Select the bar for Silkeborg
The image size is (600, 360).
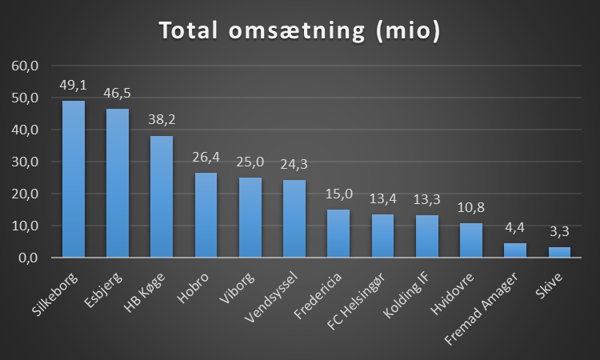[74, 179]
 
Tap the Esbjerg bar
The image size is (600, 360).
[118, 183]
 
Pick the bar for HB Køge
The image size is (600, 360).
[162, 197]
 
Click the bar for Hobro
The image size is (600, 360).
[206, 215]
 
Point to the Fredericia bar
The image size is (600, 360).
[338, 234]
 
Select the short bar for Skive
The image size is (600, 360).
[559, 252]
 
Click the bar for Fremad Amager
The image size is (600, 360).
[515, 250]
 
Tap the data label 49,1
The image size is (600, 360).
[74, 84]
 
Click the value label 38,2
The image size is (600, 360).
[162, 119]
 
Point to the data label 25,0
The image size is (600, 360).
[250, 162]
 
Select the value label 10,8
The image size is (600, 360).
[471, 207]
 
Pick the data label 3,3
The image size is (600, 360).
[559, 231]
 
